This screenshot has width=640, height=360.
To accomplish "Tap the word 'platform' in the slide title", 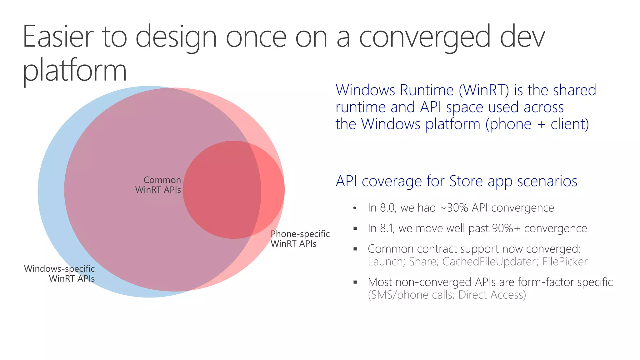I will pos(74,71).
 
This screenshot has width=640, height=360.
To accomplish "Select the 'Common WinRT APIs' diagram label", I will pos(158,185).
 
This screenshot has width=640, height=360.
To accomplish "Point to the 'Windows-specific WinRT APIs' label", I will pos(59,273).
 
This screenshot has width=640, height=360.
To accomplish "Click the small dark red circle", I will pos(234,190).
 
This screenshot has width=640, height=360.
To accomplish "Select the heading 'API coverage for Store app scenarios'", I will pos(456,181).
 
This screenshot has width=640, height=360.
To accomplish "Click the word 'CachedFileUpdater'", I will pos(490,262).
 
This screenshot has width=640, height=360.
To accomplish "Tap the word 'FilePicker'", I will pos(565,262).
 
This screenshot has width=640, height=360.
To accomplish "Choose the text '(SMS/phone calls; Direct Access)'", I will pos(447,295).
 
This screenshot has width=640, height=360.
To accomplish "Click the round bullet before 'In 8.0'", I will pos(355,208).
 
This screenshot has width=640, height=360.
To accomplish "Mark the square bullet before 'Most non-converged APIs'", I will pos(355,282).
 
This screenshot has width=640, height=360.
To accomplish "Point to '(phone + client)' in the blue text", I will pos(537,124).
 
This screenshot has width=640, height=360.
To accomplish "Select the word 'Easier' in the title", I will pos(58,37).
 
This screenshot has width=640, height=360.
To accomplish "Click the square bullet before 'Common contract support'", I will pos(355,249).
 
